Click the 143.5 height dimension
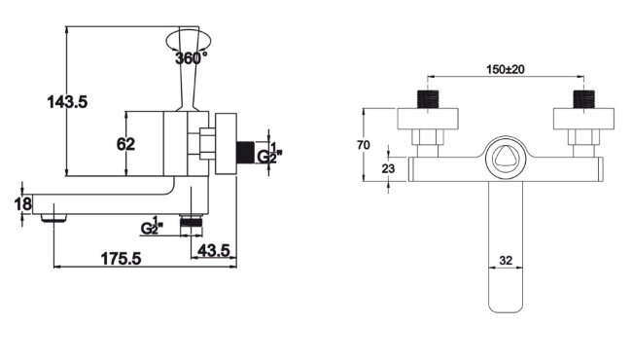pyautogui.click(x=67, y=102)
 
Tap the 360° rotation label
pyautogui.click(x=191, y=58)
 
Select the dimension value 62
pyautogui.click(x=125, y=144)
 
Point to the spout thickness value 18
pyautogui.click(x=23, y=204)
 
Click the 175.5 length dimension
pyautogui.click(x=121, y=259)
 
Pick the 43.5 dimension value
pyautogui.click(x=214, y=251)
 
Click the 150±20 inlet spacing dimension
pyautogui.click(x=506, y=69)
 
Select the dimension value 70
pyautogui.click(x=364, y=145)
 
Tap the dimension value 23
pyautogui.click(x=388, y=168)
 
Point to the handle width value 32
pyautogui.click(x=506, y=261)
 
